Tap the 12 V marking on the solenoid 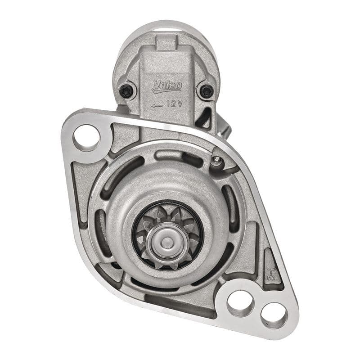coord(173,103)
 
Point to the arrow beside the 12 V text coord(157,105)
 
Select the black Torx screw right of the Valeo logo coord(207,91)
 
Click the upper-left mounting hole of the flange coord(86,137)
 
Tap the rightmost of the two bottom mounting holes coord(274,315)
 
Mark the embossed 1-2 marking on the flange coord(271,274)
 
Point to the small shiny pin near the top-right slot coord(217,159)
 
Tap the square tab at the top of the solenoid coord(166,44)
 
